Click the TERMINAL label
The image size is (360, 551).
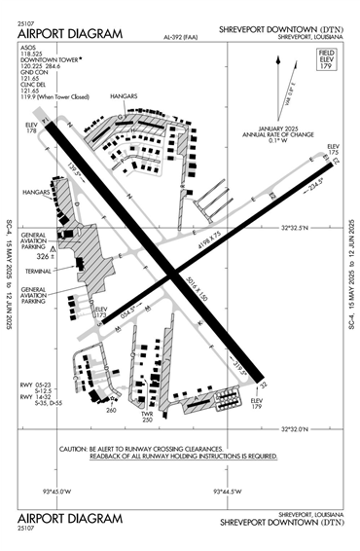(x=38, y=272)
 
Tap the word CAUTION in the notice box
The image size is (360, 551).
(x=77, y=448)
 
